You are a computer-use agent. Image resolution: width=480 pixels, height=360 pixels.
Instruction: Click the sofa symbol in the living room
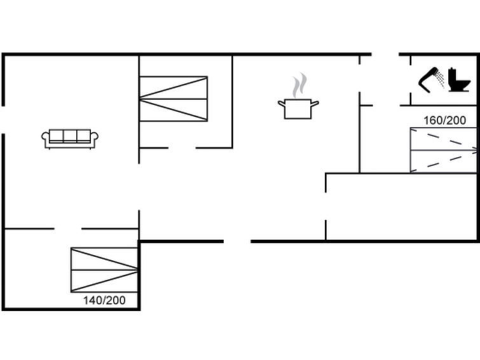[x=70, y=139]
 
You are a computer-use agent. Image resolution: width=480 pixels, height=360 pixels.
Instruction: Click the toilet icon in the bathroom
[x=459, y=80]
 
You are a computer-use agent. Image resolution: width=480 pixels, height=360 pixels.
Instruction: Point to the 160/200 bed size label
[x=445, y=120]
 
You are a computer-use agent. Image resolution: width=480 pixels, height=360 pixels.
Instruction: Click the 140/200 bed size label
[x=104, y=300]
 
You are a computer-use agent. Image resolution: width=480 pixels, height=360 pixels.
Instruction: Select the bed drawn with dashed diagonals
[x=444, y=150]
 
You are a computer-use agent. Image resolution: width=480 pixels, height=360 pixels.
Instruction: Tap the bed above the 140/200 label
[x=104, y=270]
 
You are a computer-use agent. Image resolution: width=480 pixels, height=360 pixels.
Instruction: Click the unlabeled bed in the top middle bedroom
[x=174, y=99]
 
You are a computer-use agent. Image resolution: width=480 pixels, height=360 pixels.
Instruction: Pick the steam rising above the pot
[x=299, y=85]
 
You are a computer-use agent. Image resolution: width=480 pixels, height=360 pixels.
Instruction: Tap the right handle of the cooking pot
[x=315, y=104]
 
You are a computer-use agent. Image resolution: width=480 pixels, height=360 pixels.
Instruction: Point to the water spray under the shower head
[x=441, y=79]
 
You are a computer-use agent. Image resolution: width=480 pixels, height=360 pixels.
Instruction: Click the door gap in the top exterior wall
[x=385, y=54]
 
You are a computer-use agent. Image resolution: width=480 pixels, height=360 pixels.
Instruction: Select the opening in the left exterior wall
[x=3, y=120]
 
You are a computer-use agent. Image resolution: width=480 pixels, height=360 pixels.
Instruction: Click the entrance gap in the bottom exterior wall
[x=237, y=242]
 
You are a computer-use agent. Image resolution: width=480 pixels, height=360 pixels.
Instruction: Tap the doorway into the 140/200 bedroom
[x=68, y=228]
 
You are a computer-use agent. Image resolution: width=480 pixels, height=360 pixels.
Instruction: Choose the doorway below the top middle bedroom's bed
[x=182, y=148]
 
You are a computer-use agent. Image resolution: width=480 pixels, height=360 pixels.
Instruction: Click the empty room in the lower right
[x=401, y=207]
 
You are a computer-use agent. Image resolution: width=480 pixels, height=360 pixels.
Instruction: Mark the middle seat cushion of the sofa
[x=70, y=135]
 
